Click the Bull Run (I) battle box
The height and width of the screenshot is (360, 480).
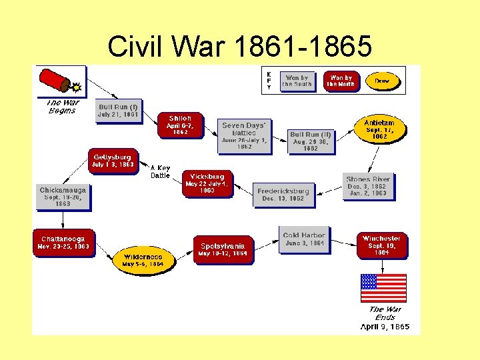pos(118,111)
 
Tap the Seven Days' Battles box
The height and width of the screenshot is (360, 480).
pos(244,136)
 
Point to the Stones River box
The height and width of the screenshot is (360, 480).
pos(367,186)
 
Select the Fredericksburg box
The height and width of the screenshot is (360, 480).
pos(283,195)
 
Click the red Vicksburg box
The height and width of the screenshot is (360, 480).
pos(207,183)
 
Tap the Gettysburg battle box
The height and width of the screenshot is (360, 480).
pos(113,161)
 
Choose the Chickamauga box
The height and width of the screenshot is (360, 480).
pos(63,197)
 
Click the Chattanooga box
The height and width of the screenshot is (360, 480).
pos(63,243)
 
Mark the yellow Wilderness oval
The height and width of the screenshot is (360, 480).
pos(143,260)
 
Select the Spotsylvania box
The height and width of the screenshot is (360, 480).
pos(223,249)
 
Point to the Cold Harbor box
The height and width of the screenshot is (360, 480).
pos(303,239)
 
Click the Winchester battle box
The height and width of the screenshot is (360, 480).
pos(381,245)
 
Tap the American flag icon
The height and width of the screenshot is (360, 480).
pos(383,288)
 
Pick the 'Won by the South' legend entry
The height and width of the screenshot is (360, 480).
pos(297,81)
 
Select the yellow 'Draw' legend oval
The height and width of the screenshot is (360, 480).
pos(382,81)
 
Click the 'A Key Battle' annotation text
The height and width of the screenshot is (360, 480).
pos(160,172)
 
